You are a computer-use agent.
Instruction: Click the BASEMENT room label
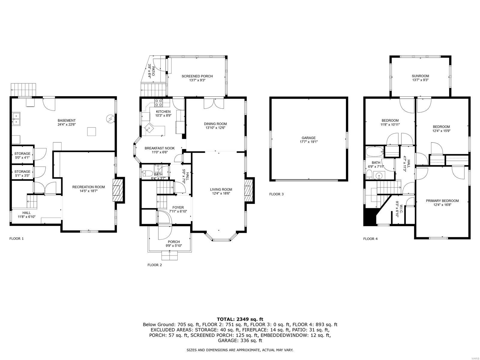click(67, 121)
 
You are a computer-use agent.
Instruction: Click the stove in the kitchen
click(158, 103)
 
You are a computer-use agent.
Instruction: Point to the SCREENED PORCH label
click(197, 76)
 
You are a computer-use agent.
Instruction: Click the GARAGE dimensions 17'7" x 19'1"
click(309, 142)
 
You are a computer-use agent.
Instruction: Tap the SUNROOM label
click(420, 76)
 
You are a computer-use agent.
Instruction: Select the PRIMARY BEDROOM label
click(442, 201)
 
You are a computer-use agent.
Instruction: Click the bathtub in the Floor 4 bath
click(374, 151)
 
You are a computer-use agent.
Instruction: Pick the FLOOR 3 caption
click(276, 194)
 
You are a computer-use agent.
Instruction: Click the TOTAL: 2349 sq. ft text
click(240, 319)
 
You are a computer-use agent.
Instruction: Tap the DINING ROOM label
click(215, 124)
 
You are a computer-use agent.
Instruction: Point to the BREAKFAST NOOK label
click(160, 148)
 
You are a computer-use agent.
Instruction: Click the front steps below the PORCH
click(169, 256)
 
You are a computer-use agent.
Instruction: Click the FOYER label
click(178, 207)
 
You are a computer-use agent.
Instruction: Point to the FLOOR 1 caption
click(16, 238)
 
